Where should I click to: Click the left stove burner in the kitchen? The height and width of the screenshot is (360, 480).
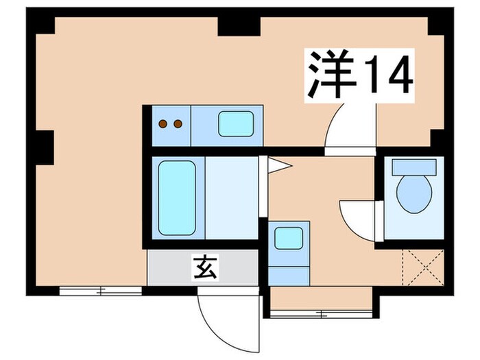click(x=165, y=124)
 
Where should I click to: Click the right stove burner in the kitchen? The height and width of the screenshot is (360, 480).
click(x=178, y=124)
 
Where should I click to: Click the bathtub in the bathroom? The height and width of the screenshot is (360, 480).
click(x=177, y=197)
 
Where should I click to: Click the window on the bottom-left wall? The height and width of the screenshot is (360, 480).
click(x=100, y=291)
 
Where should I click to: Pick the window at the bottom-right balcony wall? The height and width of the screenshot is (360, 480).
click(x=321, y=314)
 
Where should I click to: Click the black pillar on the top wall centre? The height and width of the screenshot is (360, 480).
click(x=239, y=25)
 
